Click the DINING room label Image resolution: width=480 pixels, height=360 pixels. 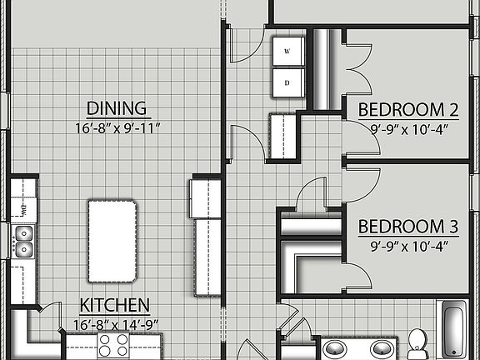tap(117, 108)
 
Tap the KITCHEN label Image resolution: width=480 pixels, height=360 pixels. tap(115, 305)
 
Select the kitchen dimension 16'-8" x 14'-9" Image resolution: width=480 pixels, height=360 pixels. tap(115, 323)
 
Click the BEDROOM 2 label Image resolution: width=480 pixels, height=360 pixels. tap(409, 109)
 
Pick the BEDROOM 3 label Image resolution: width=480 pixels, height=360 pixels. tap(409, 227)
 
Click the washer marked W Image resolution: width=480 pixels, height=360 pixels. tap(287, 52)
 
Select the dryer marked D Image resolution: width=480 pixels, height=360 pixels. tap(287, 82)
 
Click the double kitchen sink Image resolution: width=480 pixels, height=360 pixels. tap(23, 240)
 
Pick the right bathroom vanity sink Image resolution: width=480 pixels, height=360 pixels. tap(382, 348)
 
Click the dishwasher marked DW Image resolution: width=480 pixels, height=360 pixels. tap(22, 207)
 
